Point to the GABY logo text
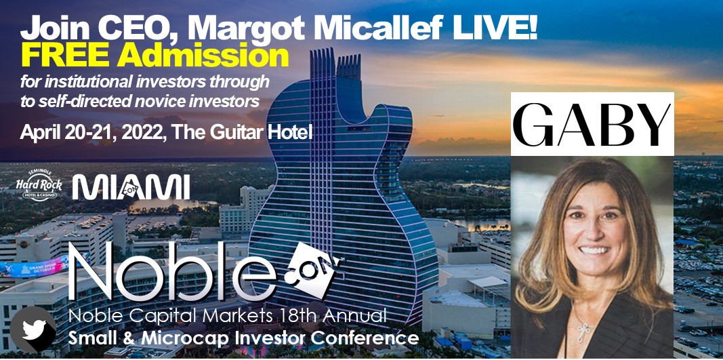coord(592,123)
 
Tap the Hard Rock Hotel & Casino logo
coord(38,184)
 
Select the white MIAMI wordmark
coord(131,187)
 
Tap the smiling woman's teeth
coord(595,250)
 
